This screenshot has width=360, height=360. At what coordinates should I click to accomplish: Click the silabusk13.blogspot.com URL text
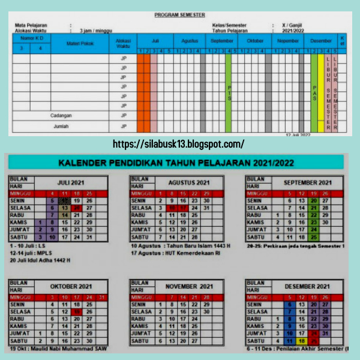click(x=178, y=144)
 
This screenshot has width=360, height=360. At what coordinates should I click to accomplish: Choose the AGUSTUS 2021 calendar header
click(x=188, y=182)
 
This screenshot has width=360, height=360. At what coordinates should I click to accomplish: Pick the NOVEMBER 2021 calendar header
click(x=188, y=286)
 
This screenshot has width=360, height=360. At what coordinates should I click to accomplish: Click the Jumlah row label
click(x=61, y=126)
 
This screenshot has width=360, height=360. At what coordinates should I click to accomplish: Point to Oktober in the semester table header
click(x=255, y=40)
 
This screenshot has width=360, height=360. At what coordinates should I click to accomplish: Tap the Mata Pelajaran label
click(x=33, y=26)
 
